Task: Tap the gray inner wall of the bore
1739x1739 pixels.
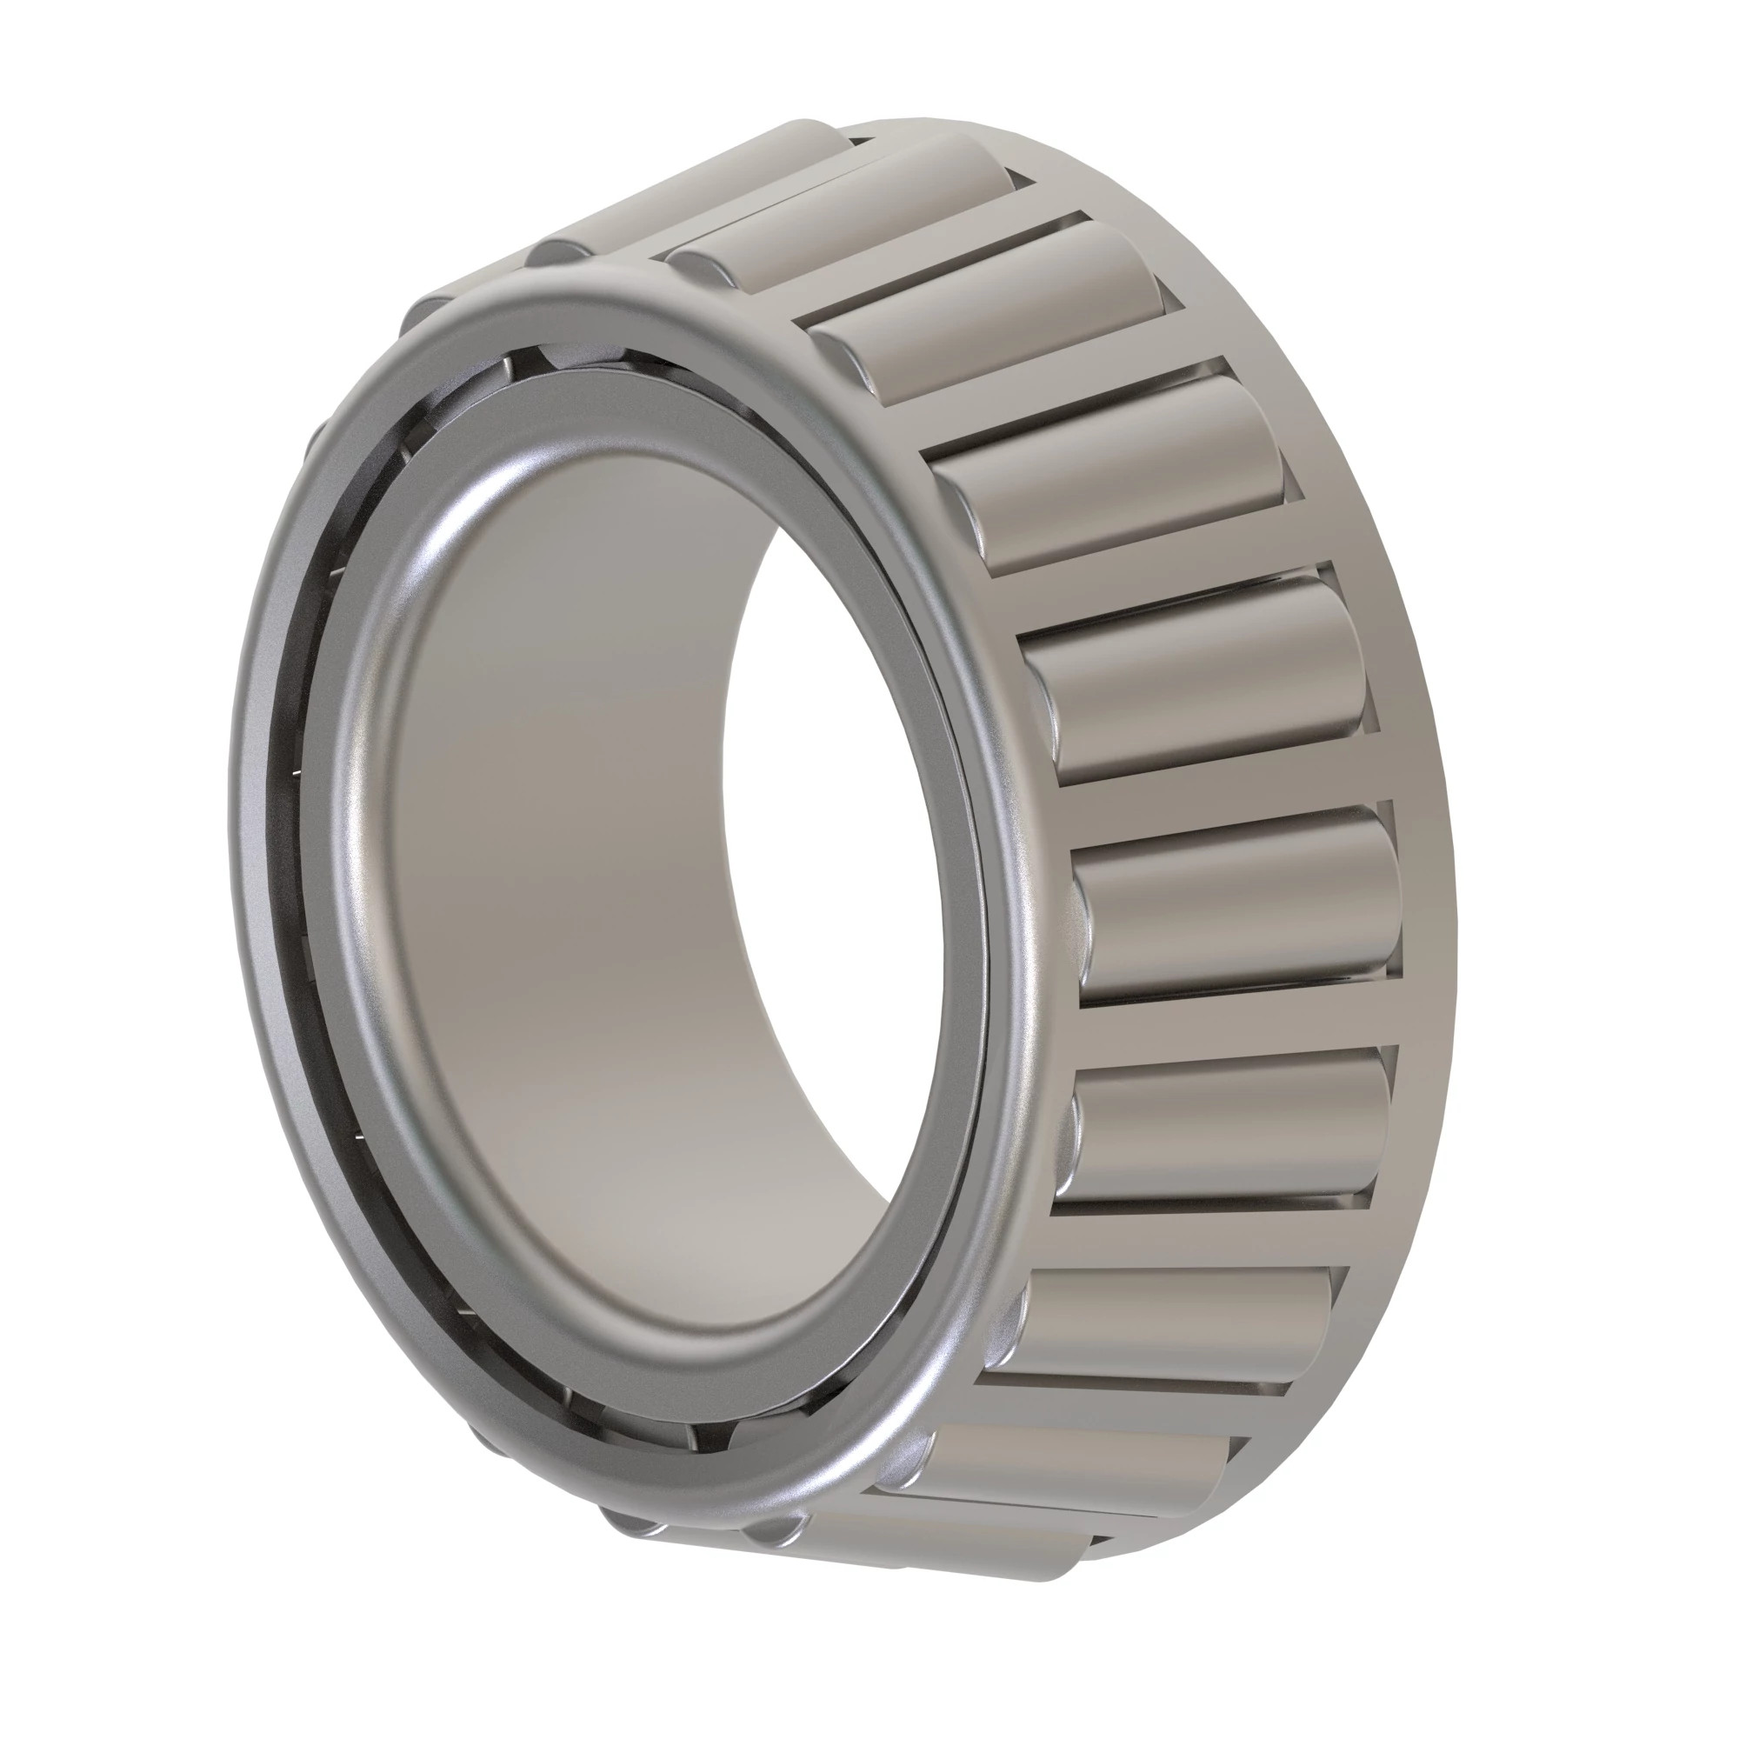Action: click(x=558, y=900)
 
